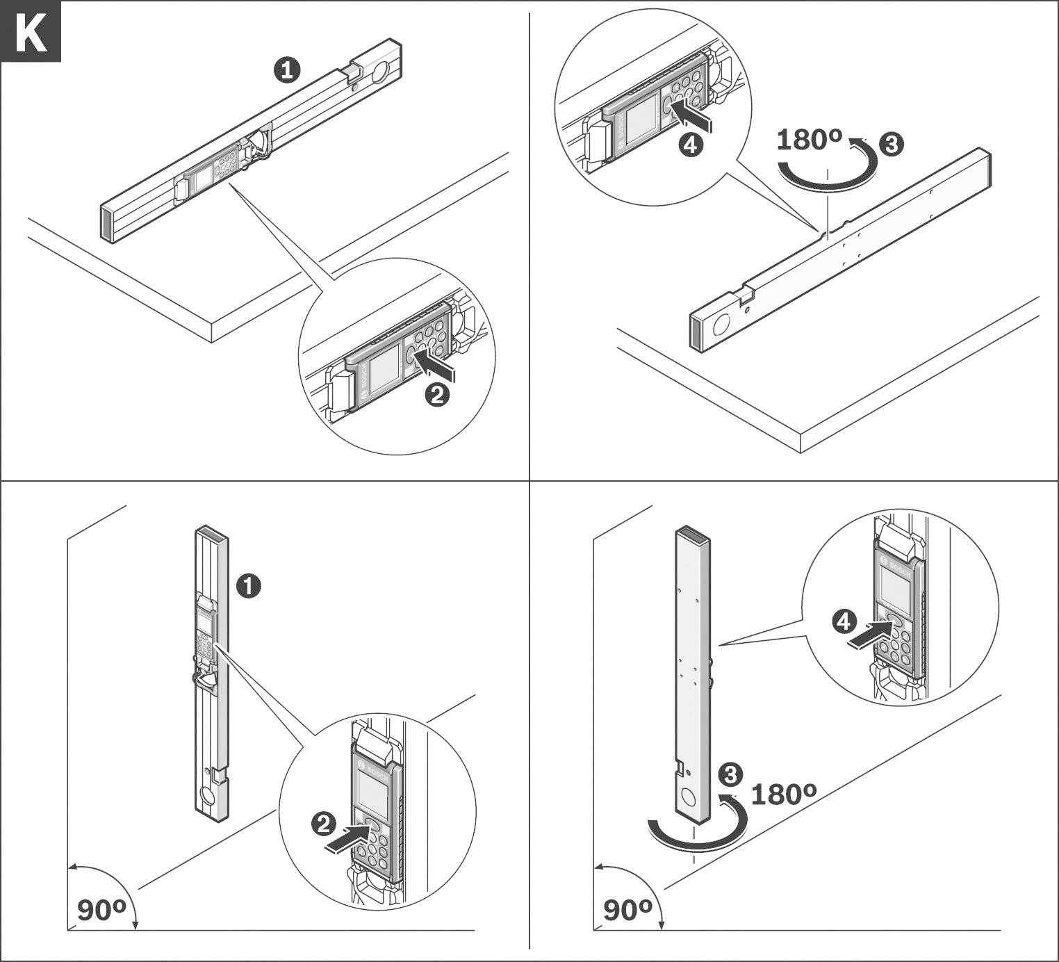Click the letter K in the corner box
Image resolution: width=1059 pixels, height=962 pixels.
31,32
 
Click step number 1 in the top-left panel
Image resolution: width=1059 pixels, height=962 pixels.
287,70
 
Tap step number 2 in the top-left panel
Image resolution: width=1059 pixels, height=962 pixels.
437,396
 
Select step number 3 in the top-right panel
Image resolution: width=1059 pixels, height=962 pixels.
892,145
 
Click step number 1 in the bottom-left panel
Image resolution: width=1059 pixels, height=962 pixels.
249,585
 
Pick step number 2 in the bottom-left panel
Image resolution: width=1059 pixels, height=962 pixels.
323,825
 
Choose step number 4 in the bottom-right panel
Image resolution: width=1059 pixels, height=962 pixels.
844,621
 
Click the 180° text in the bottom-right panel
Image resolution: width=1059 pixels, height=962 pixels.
783,794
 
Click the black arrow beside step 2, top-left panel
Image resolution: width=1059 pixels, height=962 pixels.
436,366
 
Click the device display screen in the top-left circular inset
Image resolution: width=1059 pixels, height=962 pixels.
384,374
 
